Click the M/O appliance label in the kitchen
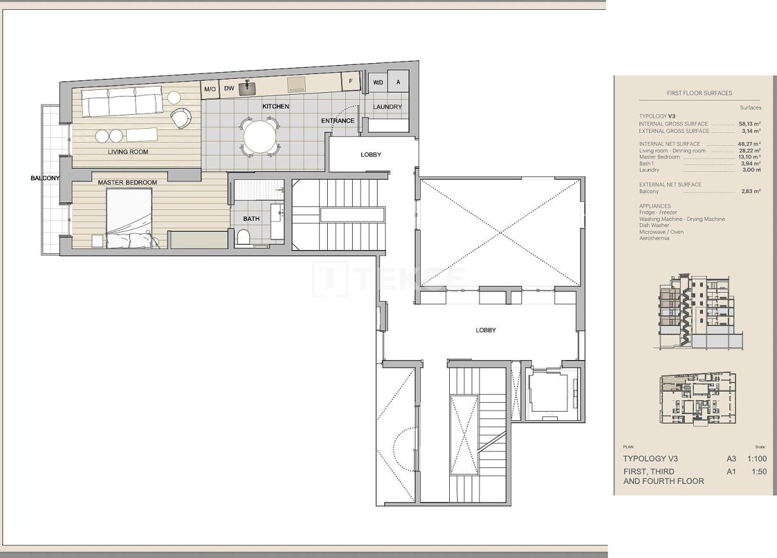click(x=210, y=89)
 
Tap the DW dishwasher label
click(x=229, y=89)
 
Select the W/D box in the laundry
click(x=378, y=82)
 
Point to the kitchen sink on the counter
click(x=247, y=89)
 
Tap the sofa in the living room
click(x=122, y=101)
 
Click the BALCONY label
click(x=46, y=178)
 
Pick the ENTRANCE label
click(x=338, y=120)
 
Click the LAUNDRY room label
click(x=387, y=107)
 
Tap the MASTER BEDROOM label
click(x=127, y=182)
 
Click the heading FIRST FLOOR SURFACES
click(x=699, y=94)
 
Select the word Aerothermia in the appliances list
click(x=654, y=239)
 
